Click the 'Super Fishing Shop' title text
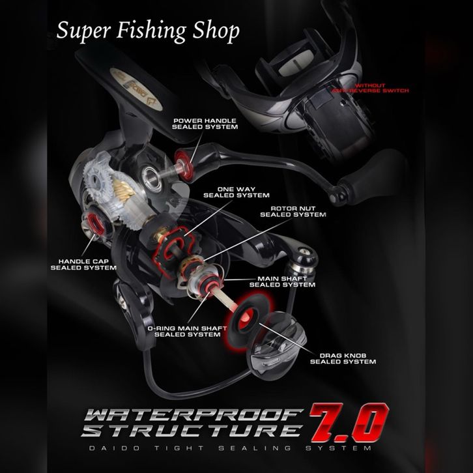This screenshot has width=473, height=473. coord(147,31)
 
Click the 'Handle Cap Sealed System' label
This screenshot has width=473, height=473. coord(83,264)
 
